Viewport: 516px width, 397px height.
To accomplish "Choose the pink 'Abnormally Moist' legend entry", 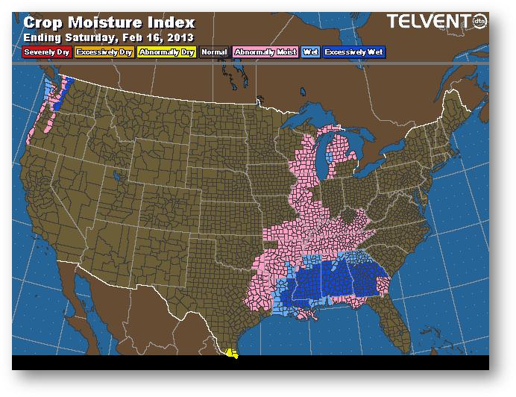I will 265,52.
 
